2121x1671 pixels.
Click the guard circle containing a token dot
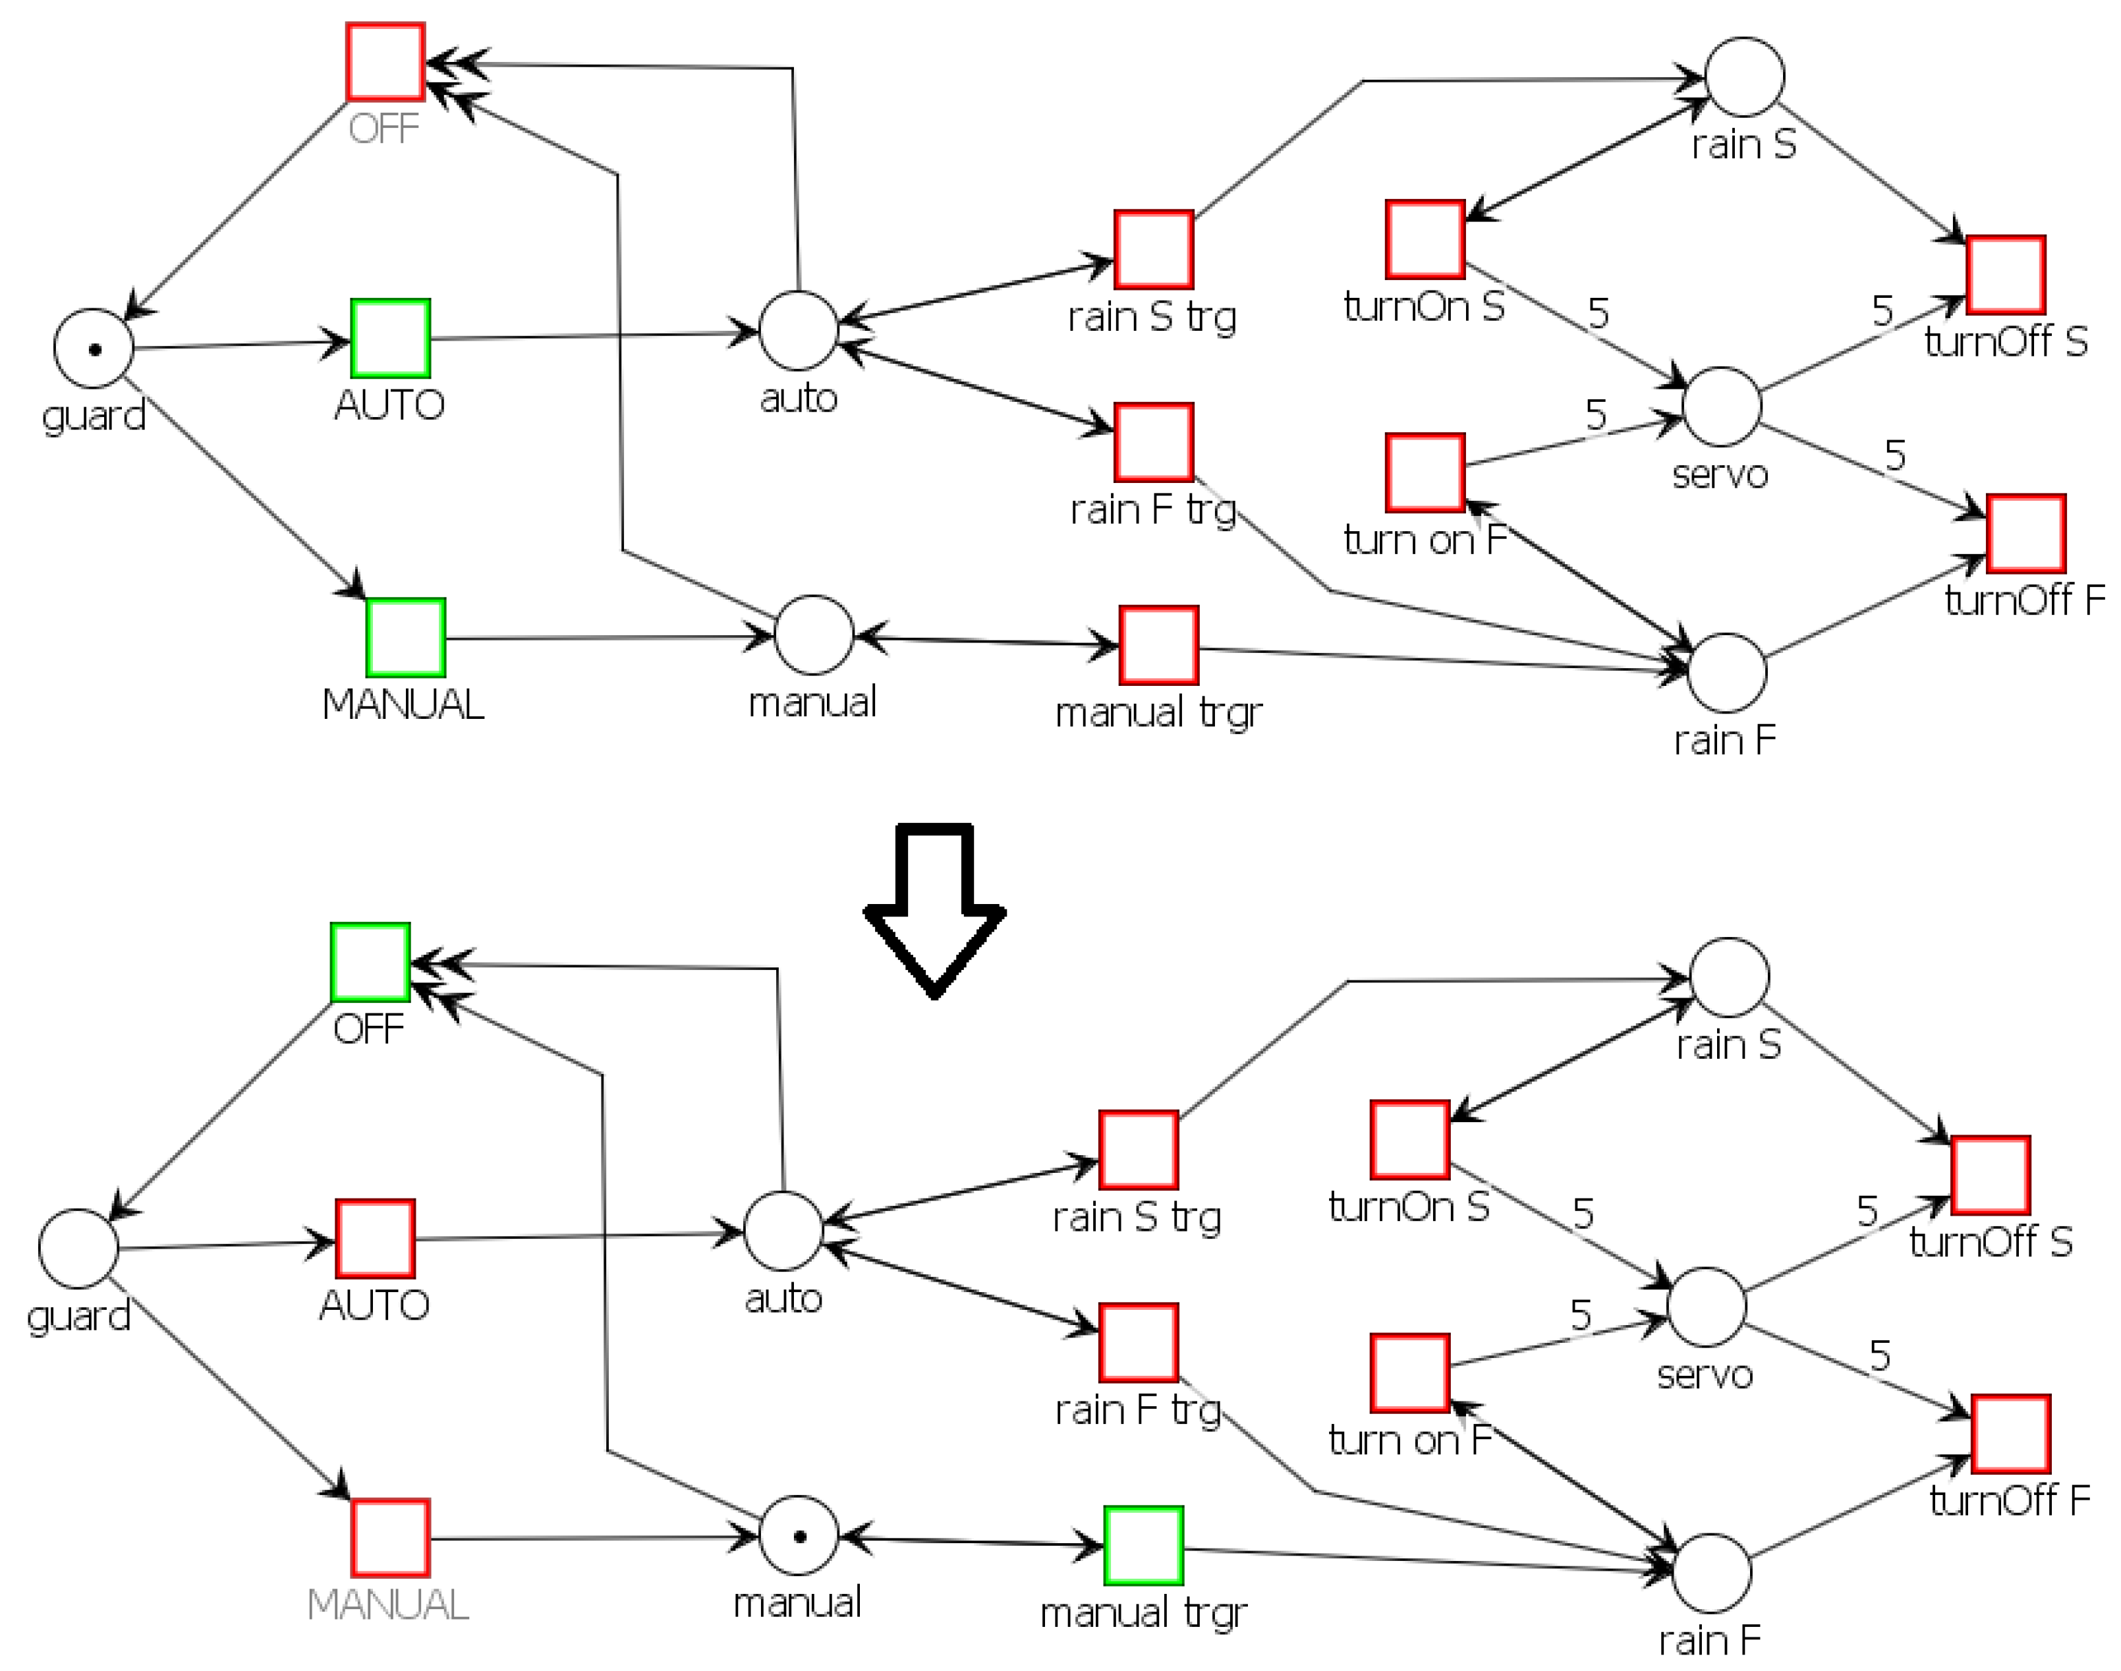click(x=94, y=349)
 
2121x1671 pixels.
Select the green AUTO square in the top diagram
click(x=390, y=339)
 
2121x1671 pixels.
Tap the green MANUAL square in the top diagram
click(x=406, y=638)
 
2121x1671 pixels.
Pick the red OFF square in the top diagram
click(x=385, y=62)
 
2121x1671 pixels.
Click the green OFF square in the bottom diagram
click(x=370, y=962)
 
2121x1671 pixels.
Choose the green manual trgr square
click(x=1144, y=1544)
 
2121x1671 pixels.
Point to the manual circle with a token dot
click(x=799, y=1535)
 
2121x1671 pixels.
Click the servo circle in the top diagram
click(x=1722, y=406)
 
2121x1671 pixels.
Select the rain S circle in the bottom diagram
click(x=1730, y=977)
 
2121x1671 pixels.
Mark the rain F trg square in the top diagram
click(x=1154, y=442)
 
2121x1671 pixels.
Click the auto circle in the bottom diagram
click(x=783, y=1231)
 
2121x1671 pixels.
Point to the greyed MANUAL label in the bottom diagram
click(x=387, y=1604)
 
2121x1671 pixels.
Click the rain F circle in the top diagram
click(x=1727, y=672)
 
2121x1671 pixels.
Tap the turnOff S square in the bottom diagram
click(x=1991, y=1175)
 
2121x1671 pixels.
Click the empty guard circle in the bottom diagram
click(x=78, y=1249)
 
